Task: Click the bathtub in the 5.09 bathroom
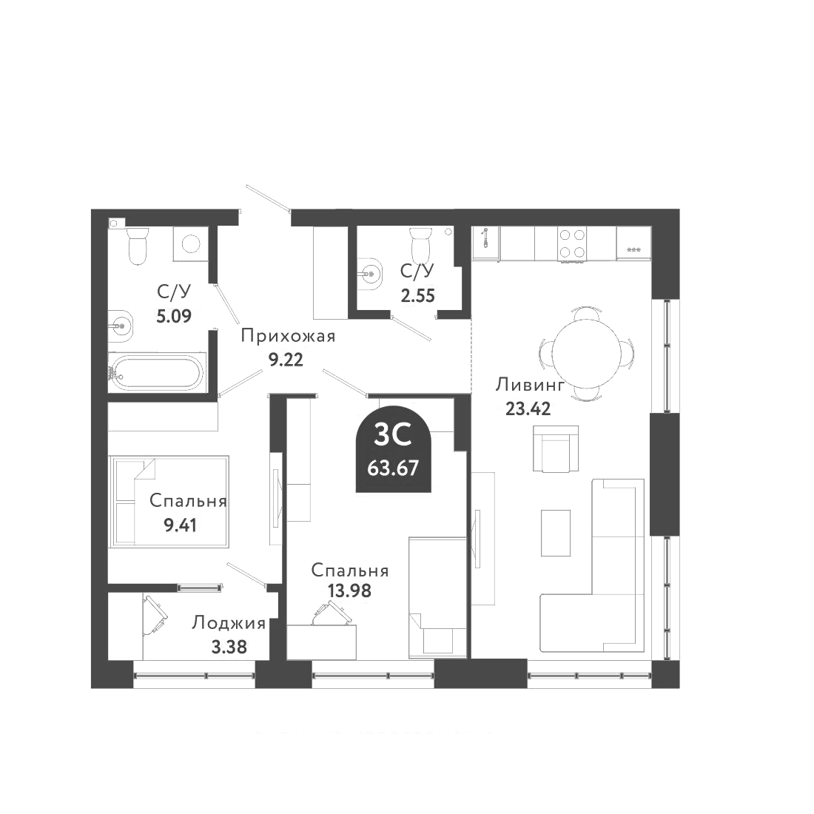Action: click(155, 374)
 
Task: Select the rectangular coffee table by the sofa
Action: click(556, 532)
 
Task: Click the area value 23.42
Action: click(528, 408)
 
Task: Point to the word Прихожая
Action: click(288, 337)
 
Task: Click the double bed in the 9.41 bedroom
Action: click(169, 502)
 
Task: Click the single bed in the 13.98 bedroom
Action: click(437, 596)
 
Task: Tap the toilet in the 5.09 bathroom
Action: click(138, 246)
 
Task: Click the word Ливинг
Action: click(531, 386)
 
